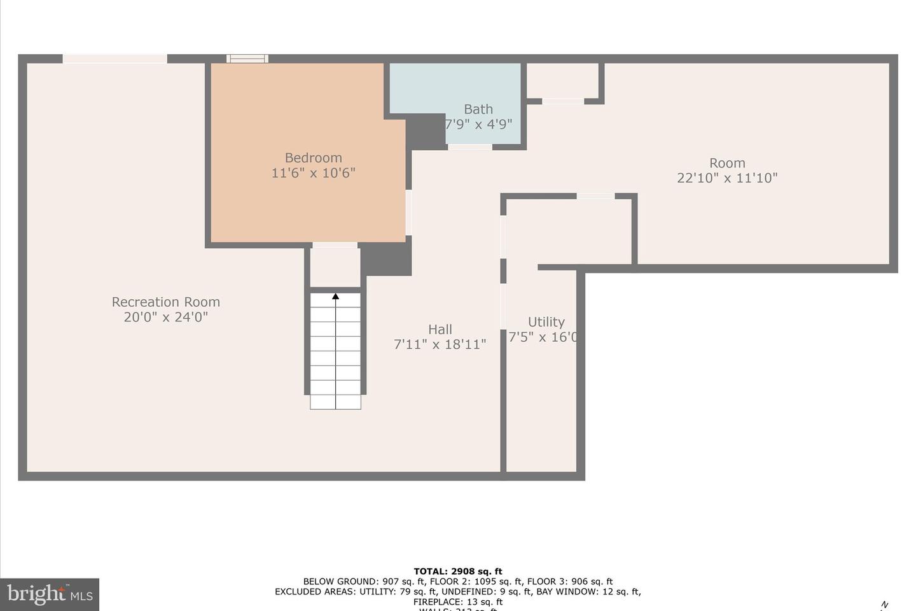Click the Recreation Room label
click(166, 302)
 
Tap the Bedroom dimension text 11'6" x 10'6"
click(313, 172)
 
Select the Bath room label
click(478, 109)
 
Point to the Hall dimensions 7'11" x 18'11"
click(440, 344)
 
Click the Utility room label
click(546, 321)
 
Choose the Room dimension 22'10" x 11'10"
click(727, 178)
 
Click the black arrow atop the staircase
click(335, 296)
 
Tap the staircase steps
click(335, 356)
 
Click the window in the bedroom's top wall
click(247, 59)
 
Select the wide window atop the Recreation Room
click(114, 59)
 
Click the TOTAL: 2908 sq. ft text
click(458, 571)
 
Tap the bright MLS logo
click(50, 594)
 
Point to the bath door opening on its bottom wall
click(469, 147)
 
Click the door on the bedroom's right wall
click(408, 213)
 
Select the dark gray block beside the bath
click(425, 132)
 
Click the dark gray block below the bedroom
click(386, 259)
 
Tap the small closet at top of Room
click(562, 80)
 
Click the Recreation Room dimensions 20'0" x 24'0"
click(166, 317)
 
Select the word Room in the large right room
click(727, 163)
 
